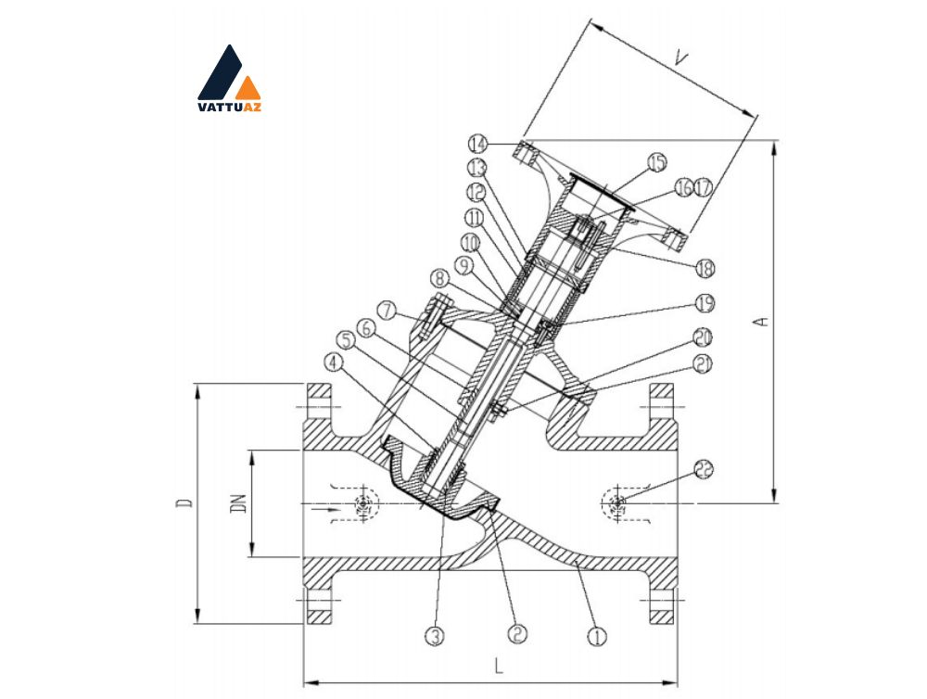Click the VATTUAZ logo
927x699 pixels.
229,78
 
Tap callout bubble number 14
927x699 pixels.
478,144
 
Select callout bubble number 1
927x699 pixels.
597,636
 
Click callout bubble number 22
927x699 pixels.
704,469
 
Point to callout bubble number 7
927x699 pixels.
387,311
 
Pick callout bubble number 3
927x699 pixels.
435,636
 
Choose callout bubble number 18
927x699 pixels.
705,269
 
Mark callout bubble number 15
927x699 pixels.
657,162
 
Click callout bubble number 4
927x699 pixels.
334,362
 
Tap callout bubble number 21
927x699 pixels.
703,364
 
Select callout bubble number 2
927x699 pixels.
516,634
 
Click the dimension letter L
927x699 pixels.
499,667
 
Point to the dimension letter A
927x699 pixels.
763,321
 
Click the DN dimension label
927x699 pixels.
239,503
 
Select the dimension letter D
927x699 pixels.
184,503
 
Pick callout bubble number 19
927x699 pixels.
705,303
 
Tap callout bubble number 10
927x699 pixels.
470,243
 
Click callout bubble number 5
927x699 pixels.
346,339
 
